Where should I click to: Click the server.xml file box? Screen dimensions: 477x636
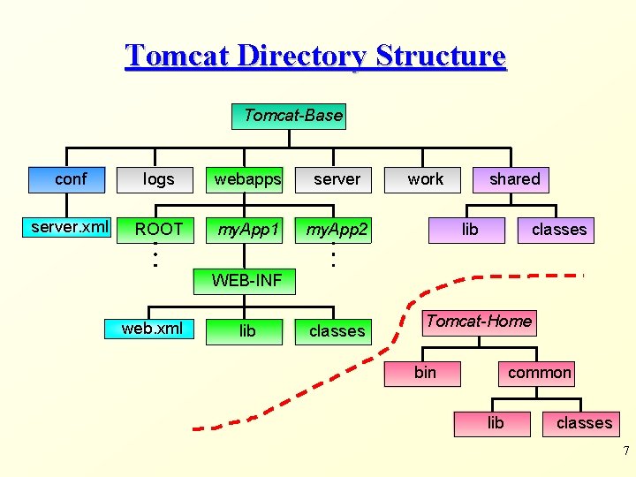[69, 228]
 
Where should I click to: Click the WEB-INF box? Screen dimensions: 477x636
[246, 281]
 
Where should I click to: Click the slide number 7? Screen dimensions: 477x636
[625, 451]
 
